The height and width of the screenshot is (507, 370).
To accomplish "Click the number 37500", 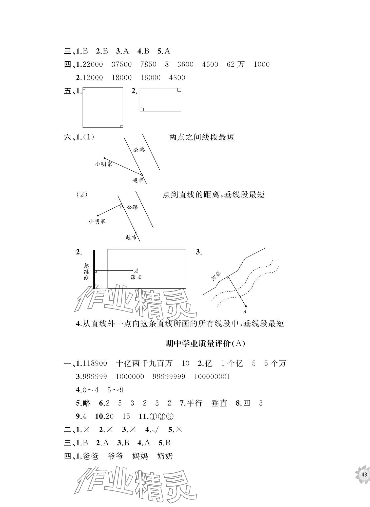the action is tap(122, 64).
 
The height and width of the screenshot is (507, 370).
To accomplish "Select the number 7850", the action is tap(148, 64).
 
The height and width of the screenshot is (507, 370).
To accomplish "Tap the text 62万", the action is tap(236, 64).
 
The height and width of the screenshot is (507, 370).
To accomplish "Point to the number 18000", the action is tap(122, 78).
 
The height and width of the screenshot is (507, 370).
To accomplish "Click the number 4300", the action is tap(177, 78).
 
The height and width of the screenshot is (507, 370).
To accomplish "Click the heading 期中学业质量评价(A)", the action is tap(205, 343).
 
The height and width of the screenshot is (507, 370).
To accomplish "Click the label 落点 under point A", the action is tap(136, 277).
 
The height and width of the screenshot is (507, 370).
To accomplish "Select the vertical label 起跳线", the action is tap(87, 272).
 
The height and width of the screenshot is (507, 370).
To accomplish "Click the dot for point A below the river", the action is tap(245, 306).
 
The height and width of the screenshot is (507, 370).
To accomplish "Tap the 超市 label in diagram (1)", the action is tap(138, 180).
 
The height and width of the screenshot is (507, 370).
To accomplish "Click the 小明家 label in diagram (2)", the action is tap(97, 221).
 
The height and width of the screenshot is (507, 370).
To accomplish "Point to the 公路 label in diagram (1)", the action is tap(139, 150).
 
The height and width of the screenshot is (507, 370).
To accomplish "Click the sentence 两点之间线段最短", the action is tap(201, 137).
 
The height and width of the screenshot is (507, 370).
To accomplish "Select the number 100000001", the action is tap(212, 376).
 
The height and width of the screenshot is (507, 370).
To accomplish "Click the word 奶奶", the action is tap(165, 456).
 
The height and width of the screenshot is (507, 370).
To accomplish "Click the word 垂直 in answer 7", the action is tap(219, 403).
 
